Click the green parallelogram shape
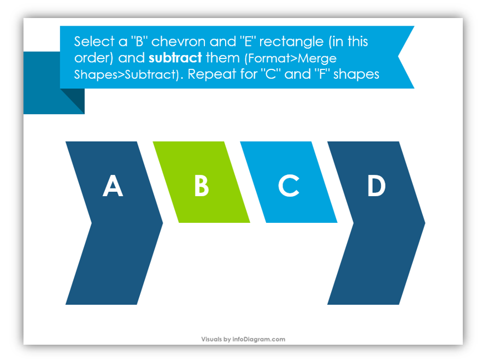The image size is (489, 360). tap(202, 182)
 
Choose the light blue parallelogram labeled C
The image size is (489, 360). tap(289, 182)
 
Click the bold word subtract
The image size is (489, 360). tap(175, 58)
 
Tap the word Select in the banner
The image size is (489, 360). tap(94, 42)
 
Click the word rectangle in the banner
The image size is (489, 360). tap(291, 42)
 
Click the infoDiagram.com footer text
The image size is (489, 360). tap(258, 339)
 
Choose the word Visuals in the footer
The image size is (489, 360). tap(211, 339)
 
